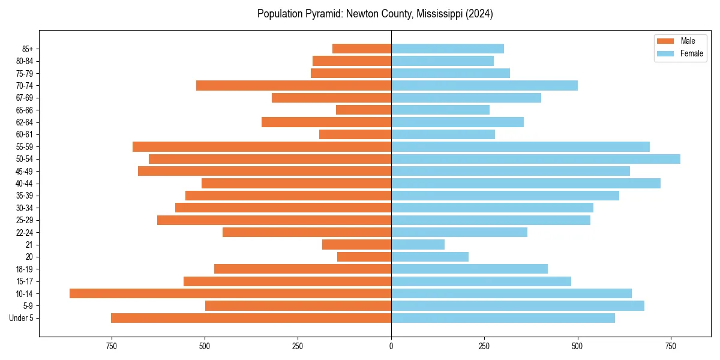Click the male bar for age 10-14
point(230,293)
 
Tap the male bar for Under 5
point(251,318)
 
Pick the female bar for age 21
point(418,244)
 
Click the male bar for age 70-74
point(293,86)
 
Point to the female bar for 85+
point(448,49)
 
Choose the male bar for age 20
point(364,257)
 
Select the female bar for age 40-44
point(526,184)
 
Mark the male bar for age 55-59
point(262,147)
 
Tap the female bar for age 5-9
point(518,306)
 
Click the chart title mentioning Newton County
point(375,14)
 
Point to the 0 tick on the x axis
point(391,346)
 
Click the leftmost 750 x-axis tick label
point(111,346)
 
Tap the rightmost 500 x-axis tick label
point(578,346)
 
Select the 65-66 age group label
point(24,110)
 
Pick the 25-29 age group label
point(24,220)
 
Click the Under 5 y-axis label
point(22,318)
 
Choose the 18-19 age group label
point(24,269)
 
